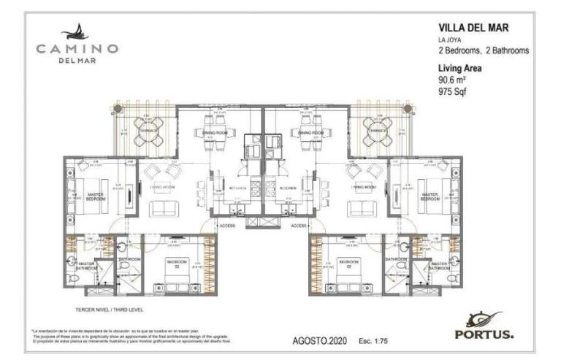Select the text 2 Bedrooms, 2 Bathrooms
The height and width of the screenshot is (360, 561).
tap(483, 51)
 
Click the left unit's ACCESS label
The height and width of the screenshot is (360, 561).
tap(226, 226)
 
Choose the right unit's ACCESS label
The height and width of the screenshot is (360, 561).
tap(297, 226)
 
